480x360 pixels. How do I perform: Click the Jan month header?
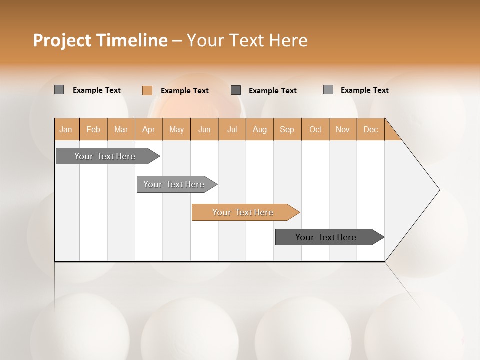click(x=66, y=129)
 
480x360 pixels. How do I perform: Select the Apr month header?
click(x=148, y=129)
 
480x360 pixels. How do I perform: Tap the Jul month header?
click(x=232, y=129)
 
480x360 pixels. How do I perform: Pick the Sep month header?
click(x=287, y=129)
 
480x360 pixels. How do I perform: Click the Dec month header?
click(x=370, y=129)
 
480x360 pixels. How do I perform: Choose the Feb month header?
click(x=93, y=129)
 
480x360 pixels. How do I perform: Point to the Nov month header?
click(x=342, y=129)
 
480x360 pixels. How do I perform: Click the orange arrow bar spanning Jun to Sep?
click(x=243, y=212)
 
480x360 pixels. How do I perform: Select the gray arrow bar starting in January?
click(x=105, y=156)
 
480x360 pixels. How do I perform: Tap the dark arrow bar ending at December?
click(x=326, y=237)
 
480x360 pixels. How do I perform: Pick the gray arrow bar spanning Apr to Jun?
click(x=174, y=184)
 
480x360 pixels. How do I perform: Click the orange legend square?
click(x=147, y=90)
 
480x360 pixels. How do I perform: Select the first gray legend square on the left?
click(x=59, y=90)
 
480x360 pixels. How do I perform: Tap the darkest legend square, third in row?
click(x=236, y=90)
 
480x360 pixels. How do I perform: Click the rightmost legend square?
click(x=328, y=90)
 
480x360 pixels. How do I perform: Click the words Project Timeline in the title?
click(x=100, y=40)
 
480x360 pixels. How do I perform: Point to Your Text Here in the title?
click(x=247, y=40)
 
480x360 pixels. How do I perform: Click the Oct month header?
click(x=315, y=129)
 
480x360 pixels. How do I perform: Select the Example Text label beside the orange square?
click(x=184, y=90)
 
